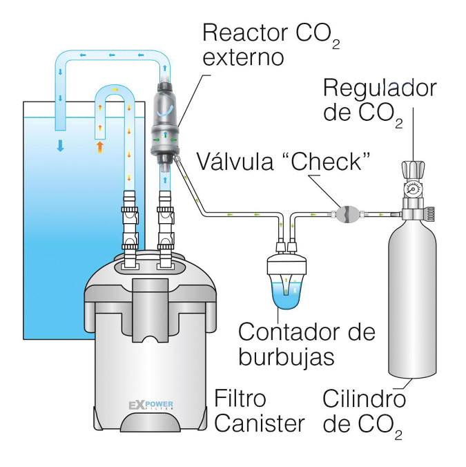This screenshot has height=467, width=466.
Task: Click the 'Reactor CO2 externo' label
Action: pos(269,44)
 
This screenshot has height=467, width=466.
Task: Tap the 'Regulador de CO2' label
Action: pos(380,99)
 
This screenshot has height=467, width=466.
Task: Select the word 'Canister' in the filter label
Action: pos(259,423)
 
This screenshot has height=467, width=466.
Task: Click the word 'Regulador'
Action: pos(380,88)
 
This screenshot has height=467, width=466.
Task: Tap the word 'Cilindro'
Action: pos(364,399)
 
